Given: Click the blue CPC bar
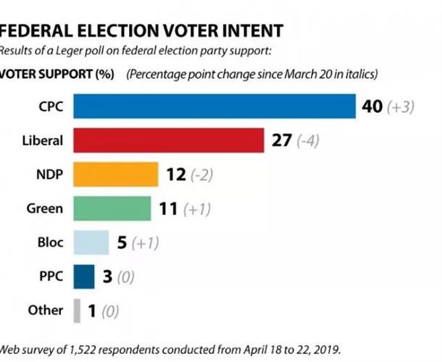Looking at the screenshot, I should coord(214,106).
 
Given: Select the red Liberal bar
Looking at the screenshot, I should coord(169,140).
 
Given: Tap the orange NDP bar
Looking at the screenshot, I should coord(116,174).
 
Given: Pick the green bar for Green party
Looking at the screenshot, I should coord(112,209).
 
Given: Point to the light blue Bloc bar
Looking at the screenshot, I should coord(91,243).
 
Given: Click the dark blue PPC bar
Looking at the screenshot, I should coord(84,277).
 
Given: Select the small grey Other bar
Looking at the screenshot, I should coord(77,311).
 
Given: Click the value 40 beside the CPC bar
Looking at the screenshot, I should coord(372,106).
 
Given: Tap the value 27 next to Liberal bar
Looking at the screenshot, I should coord(280,140).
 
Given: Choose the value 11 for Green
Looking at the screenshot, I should coord(167,209).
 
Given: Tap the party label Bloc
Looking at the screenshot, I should coord(50,243).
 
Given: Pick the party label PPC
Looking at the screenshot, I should coord(51,277).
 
